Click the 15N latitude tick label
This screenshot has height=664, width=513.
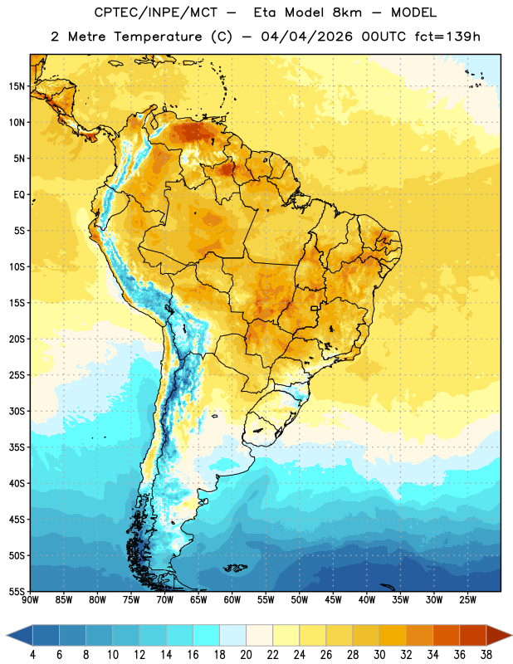pyautogui.click(x=17, y=86)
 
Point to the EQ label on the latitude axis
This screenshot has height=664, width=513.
pyautogui.click(x=19, y=195)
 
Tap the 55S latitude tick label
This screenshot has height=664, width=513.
pyautogui.click(x=17, y=592)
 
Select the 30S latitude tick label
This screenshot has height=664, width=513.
pyautogui.click(x=17, y=411)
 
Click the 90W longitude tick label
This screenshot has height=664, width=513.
pyautogui.click(x=30, y=600)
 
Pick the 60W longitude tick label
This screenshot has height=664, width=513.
pyautogui.click(x=232, y=600)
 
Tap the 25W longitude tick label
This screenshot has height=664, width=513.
pyautogui.click(x=467, y=600)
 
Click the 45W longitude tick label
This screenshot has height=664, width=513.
pyautogui.click(x=333, y=600)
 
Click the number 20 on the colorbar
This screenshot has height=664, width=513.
pyautogui.click(x=246, y=655)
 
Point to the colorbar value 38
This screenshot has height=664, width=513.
pyautogui.click(x=486, y=655)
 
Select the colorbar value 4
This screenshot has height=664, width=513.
pyautogui.click(x=32, y=655)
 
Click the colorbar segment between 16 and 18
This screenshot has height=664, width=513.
pyautogui.click(x=206, y=635)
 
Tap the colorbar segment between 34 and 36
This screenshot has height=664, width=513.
pyautogui.click(x=446, y=635)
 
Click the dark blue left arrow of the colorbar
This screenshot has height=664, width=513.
pyautogui.click(x=20, y=635)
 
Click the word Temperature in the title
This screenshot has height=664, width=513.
pyautogui.click(x=158, y=37)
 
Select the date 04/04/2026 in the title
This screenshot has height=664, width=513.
pyautogui.click(x=306, y=37)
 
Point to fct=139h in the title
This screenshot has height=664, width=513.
pyautogui.click(x=447, y=37)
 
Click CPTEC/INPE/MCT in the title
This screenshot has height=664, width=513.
pyautogui.click(x=156, y=12)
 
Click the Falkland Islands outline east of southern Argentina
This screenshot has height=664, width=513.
pyautogui.click(x=236, y=568)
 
